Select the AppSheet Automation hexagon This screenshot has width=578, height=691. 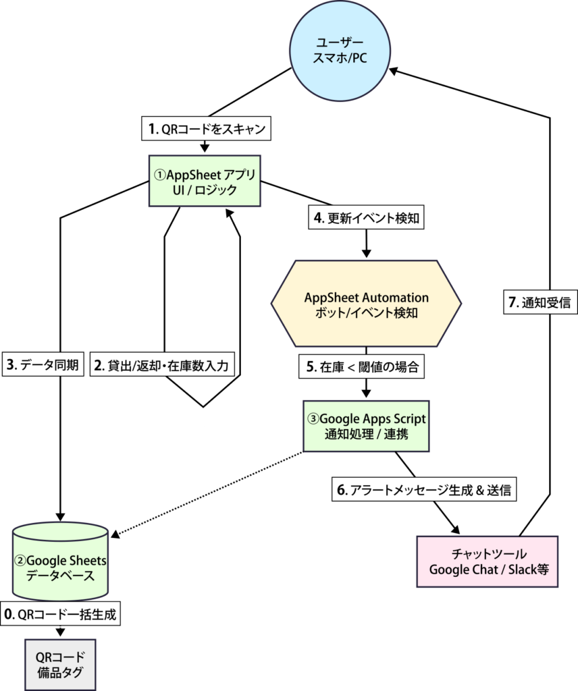[367, 305]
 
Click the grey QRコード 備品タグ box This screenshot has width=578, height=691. [61, 665]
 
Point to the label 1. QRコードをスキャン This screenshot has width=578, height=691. [206, 128]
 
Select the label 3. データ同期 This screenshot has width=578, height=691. [43, 366]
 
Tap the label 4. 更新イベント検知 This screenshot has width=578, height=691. [366, 219]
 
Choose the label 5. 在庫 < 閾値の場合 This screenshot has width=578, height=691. [362, 367]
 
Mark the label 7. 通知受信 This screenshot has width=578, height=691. [538, 303]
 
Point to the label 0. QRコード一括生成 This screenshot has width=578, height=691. [61, 614]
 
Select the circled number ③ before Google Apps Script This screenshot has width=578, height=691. [313, 418]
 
